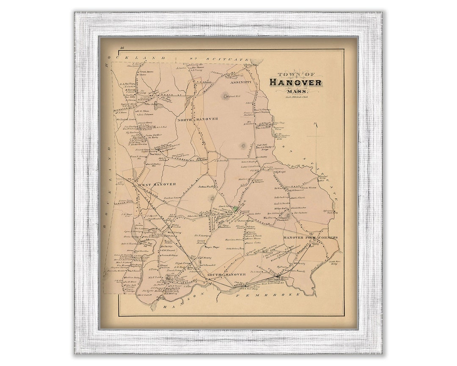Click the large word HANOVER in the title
[x=295, y=82]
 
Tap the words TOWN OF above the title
[x=295, y=74]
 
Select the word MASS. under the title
[x=296, y=91]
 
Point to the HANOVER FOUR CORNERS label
[x=310, y=238]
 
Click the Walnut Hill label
[x=234, y=97]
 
